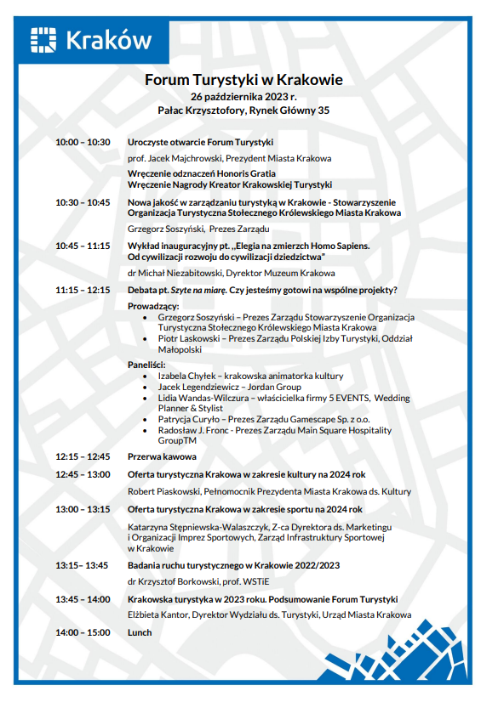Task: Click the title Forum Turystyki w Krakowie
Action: click(x=243, y=79)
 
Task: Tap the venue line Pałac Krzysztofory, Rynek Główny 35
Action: click(x=243, y=110)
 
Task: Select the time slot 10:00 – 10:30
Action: click(x=83, y=142)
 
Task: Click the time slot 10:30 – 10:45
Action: click(x=83, y=202)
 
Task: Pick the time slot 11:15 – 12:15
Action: click(x=83, y=290)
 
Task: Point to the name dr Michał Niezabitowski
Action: click(x=175, y=273)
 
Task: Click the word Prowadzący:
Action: click(x=153, y=305)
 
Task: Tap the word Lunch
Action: click(x=140, y=632)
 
